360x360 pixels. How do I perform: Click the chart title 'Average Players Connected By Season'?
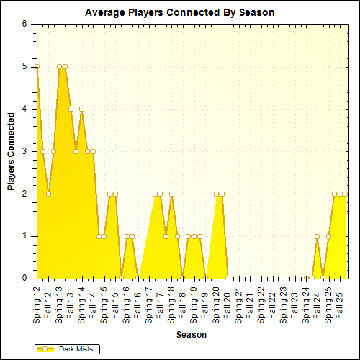coord(179,13)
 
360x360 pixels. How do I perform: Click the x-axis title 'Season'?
coord(192,335)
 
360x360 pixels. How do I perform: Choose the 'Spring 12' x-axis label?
coord(37,302)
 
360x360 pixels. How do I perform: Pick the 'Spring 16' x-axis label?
coord(127,302)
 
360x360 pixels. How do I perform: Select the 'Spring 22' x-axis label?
coord(261,302)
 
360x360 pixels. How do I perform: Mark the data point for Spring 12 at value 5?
coord(37,66)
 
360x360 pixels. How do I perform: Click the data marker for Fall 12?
coord(48,194)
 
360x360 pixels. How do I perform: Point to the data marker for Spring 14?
coord(81,109)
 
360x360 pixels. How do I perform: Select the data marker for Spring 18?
coord(171,194)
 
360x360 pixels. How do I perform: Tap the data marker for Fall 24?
coord(318,236)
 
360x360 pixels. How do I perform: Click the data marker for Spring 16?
coord(127,236)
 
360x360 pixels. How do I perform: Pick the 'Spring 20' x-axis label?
coord(216,302)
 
